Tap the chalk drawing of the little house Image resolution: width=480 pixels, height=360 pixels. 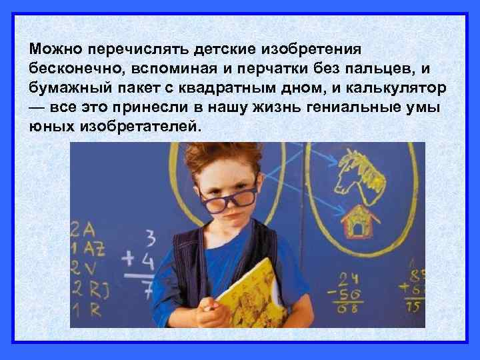pos(358,222)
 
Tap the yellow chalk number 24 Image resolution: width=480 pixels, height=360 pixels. pos(347,279)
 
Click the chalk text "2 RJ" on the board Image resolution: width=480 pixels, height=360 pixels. pos(89,289)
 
